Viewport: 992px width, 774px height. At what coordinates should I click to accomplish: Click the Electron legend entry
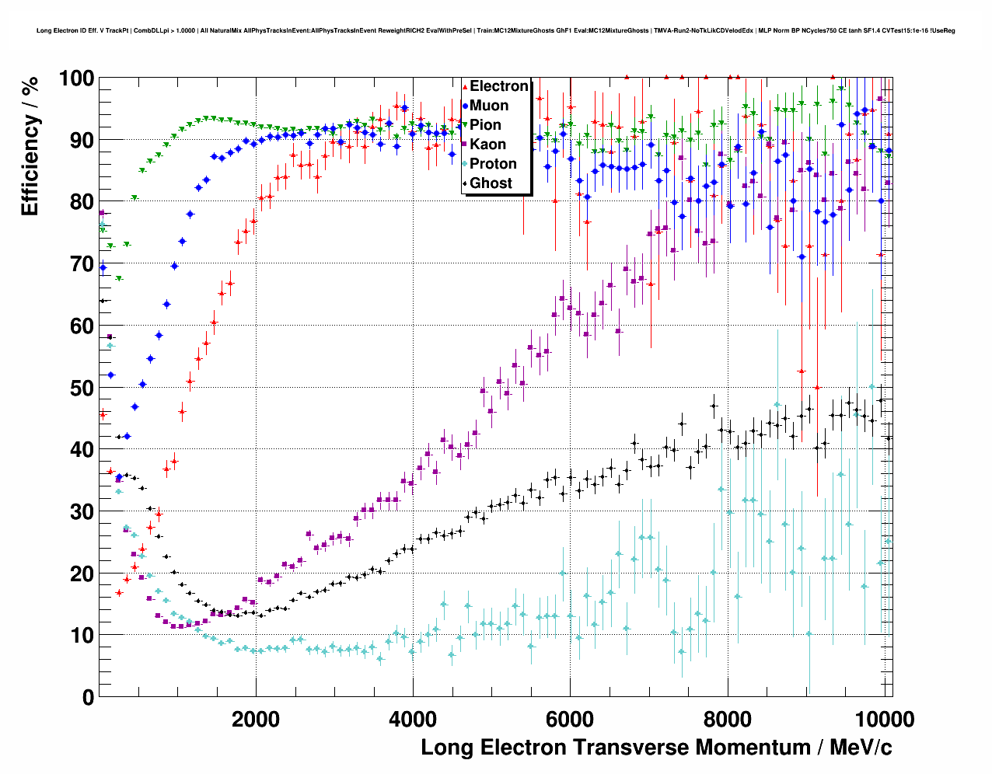(x=498, y=86)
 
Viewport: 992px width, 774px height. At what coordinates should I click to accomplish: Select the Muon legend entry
(x=489, y=106)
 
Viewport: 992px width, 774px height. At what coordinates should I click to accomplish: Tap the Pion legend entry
(x=485, y=125)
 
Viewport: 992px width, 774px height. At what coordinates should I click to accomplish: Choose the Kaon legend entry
(x=487, y=145)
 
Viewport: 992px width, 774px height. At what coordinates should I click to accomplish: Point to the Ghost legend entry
(x=491, y=183)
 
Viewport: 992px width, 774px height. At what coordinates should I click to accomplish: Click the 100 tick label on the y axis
(x=76, y=78)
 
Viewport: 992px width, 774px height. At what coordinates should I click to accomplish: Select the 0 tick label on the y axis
(x=88, y=697)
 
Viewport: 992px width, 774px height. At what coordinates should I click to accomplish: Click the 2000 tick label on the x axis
(x=256, y=720)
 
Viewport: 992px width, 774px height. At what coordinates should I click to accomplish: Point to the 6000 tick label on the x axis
(x=571, y=720)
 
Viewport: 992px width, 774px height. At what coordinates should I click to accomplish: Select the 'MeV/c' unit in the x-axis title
(x=861, y=748)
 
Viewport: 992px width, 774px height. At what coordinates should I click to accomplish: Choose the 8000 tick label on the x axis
(x=728, y=720)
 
